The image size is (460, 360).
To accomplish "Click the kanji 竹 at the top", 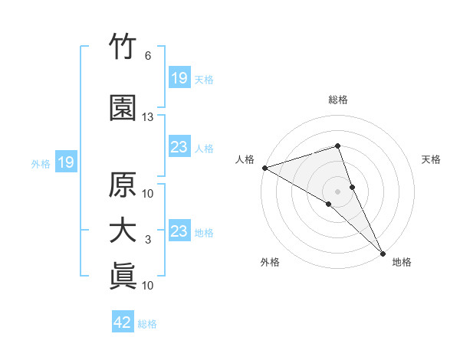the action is [123, 46].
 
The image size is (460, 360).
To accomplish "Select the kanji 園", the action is [123, 108].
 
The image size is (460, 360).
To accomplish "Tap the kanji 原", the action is [123, 185].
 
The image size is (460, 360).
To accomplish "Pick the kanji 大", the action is [123, 231].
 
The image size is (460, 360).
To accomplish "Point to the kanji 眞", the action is [123, 277].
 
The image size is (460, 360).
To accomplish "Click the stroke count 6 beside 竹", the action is [148, 56].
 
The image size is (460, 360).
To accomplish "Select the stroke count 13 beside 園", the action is [147, 117].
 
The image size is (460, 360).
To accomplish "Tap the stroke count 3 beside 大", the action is [148, 240].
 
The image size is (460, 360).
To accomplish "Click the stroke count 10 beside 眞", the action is [147, 285].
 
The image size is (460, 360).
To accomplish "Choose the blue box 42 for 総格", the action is [123, 321].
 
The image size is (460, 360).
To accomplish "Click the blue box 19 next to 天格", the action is [180, 77].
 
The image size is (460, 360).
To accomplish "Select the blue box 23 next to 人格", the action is [180, 146].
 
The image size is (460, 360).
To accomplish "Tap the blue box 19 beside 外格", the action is [66, 162].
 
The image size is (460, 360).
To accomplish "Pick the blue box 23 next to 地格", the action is [180, 230].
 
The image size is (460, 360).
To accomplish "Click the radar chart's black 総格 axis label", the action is [338, 100].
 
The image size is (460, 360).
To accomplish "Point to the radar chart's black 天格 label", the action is [431, 159].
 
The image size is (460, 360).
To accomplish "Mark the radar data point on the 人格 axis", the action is [265, 168].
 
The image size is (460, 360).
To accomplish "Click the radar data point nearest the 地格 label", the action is [383, 254].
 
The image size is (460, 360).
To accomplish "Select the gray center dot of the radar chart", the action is [337, 191].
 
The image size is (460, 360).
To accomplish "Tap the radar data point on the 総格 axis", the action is [337, 146].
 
